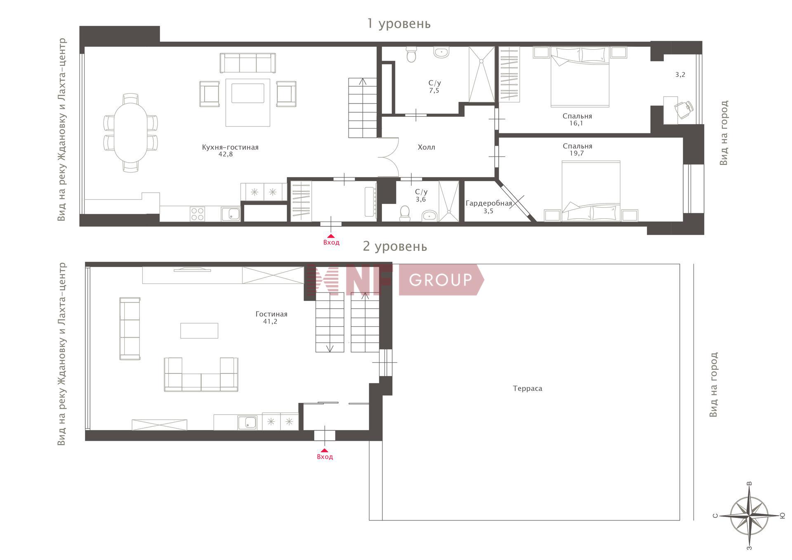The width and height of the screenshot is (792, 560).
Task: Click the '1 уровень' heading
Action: point(399,24)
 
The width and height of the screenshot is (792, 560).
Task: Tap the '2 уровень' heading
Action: point(395,246)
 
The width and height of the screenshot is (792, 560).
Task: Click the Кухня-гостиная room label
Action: point(230,147)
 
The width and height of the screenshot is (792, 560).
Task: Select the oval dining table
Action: point(130,132)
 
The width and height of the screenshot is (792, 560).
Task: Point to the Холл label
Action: point(426,147)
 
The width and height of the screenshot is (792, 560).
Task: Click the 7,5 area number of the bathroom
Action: point(434,91)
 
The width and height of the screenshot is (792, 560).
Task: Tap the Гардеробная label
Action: point(489,203)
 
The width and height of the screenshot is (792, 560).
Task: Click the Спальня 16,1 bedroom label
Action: point(577,120)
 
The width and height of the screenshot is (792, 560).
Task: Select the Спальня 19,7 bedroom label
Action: point(577,149)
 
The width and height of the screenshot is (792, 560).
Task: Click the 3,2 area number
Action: point(680,75)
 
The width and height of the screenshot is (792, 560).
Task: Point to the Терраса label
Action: point(528,388)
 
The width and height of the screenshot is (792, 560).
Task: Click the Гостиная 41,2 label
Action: point(271,318)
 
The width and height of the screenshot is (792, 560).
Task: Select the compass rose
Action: point(749,516)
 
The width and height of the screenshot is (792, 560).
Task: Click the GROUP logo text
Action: point(441,280)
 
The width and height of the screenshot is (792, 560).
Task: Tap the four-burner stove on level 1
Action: point(198,214)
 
